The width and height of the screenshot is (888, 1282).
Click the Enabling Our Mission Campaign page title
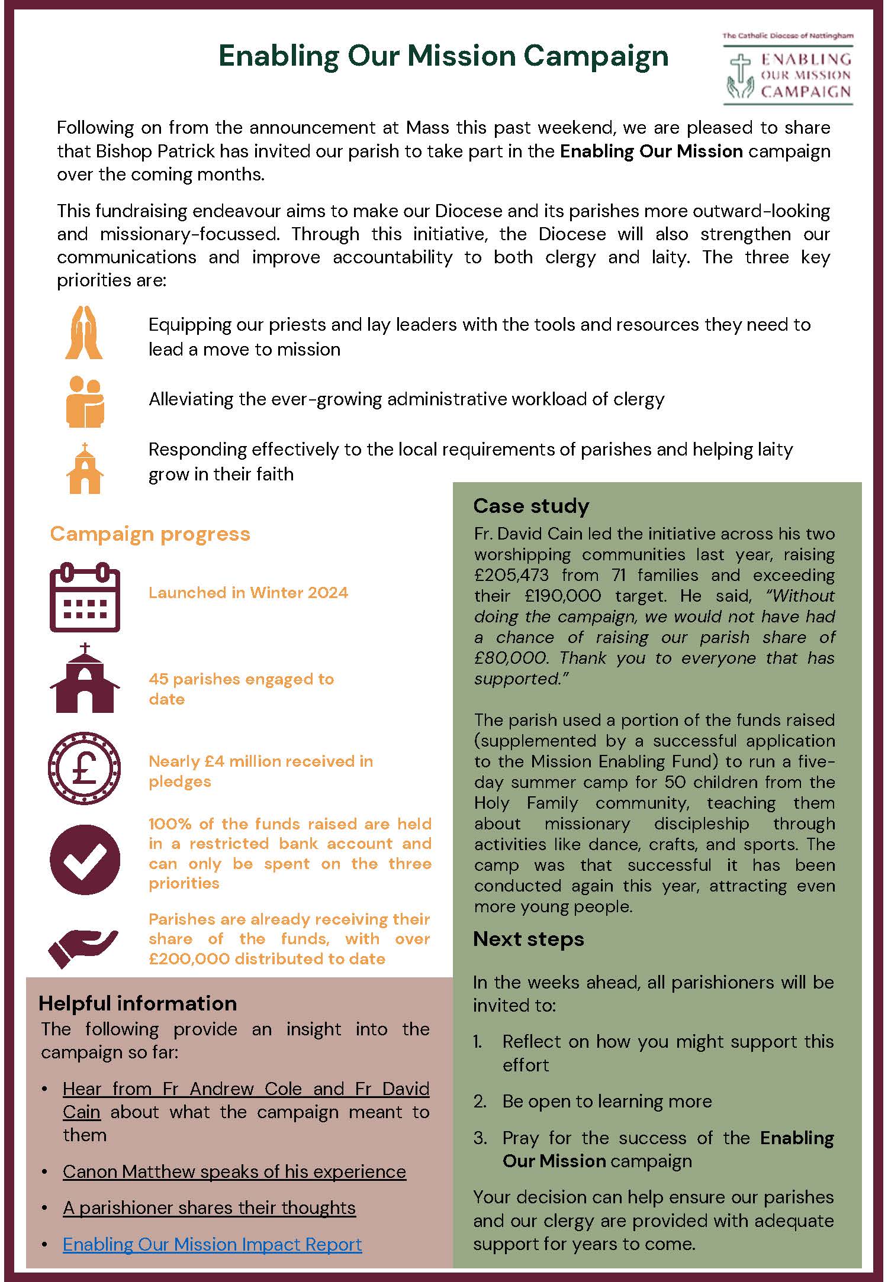tap(443, 57)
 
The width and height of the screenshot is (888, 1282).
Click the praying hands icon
tap(84, 332)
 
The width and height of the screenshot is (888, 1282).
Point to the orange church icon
tap(85, 468)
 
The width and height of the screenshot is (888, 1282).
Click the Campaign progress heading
tap(150, 534)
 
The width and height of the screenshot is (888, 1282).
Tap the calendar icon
tap(85, 597)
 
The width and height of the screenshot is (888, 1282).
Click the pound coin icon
tap(84, 768)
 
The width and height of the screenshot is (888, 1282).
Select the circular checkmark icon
tap(85, 859)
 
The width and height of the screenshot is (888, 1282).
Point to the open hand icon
tap(82, 946)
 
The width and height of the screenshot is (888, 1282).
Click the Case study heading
tap(531, 506)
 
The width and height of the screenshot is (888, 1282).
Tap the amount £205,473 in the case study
tap(511, 575)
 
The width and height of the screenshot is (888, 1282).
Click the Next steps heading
tap(528, 939)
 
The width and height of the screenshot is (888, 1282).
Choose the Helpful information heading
tap(137, 1003)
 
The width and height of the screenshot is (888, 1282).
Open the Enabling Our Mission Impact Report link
tap(212, 1244)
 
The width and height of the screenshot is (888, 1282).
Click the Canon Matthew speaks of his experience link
tap(234, 1171)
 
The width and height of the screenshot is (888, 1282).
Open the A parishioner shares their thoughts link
tap(209, 1207)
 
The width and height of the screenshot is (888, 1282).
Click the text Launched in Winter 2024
tap(248, 593)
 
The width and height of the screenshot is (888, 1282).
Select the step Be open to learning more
tap(607, 1101)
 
